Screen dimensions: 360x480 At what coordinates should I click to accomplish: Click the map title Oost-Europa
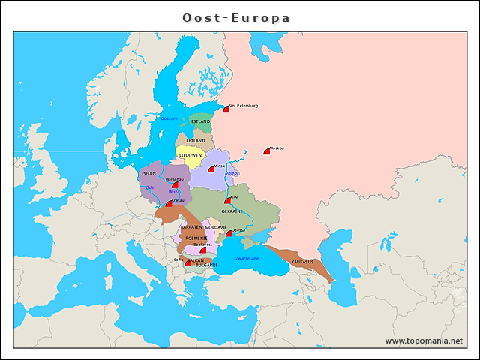[236, 17]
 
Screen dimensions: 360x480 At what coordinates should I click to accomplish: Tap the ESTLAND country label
[200, 121]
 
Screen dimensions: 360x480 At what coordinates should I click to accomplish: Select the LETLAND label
[196, 140]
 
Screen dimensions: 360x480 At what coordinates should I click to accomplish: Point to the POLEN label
[149, 172]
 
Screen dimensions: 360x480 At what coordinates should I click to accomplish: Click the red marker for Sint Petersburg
[226, 109]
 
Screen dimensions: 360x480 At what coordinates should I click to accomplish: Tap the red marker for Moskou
[267, 151]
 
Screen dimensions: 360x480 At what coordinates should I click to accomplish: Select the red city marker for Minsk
[211, 169]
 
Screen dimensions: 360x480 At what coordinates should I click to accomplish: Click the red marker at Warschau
[175, 184]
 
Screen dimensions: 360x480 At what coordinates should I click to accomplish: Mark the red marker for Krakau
[169, 203]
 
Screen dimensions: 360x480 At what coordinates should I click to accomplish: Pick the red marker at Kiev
[227, 201]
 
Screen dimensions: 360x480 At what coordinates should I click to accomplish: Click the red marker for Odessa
[229, 234]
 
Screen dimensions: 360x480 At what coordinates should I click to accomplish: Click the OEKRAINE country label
[232, 211]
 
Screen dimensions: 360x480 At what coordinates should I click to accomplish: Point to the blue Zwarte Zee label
[247, 258]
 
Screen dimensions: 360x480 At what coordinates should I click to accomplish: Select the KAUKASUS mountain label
[302, 262]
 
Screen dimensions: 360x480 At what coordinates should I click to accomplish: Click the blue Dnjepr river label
[232, 173]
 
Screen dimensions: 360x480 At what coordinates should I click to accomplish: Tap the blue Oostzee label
[169, 118]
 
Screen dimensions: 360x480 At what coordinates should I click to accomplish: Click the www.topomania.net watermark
[424, 340]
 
